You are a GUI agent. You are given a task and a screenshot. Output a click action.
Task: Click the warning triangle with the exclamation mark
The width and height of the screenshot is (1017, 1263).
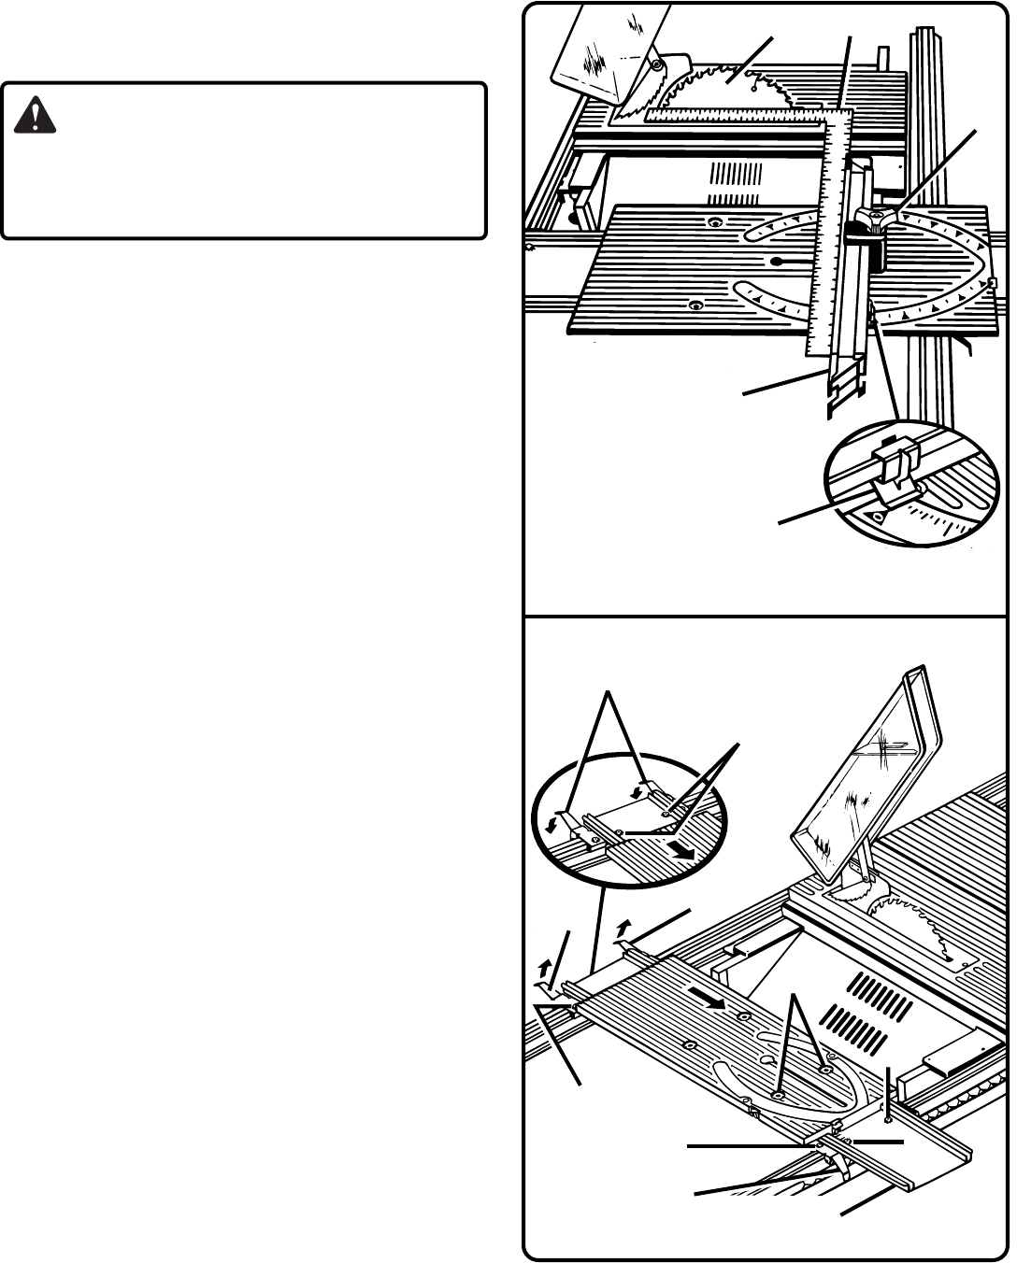[x=36, y=115]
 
